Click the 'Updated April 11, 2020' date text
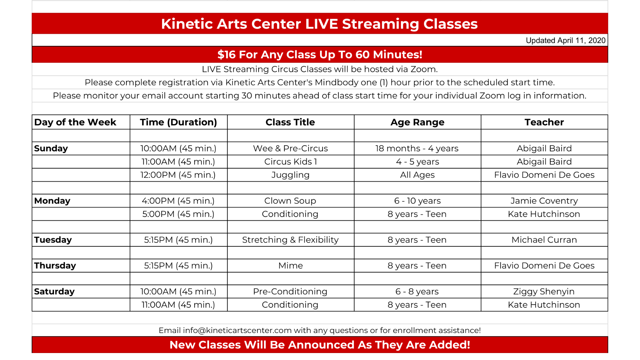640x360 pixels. (565, 40)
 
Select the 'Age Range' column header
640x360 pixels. (417, 122)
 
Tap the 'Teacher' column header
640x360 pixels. (544, 122)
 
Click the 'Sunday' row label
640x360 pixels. (51, 148)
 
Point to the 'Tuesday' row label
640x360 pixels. (53, 240)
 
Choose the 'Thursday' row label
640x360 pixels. (55, 266)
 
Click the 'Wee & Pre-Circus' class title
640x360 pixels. (290, 148)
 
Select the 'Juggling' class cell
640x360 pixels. (290, 175)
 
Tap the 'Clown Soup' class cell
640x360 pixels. (290, 201)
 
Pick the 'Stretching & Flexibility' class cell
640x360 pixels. (290, 240)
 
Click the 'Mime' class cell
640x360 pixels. (290, 266)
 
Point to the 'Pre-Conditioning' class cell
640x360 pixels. (290, 292)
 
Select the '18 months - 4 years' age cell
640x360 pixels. (417, 148)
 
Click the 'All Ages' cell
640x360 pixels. (417, 175)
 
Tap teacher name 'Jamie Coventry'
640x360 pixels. (544, 201)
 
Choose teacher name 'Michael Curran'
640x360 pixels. (544, 240)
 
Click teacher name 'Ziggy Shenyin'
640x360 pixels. (544, 292)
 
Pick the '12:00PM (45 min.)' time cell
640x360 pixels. (178, 175)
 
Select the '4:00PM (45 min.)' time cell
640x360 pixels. (178, 201)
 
